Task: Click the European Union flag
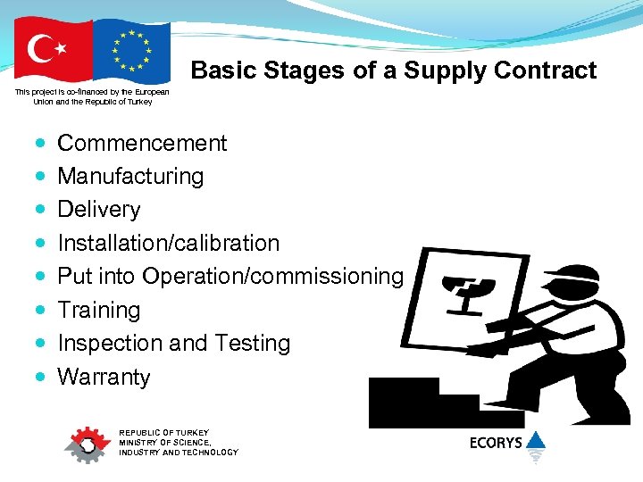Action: (132, 51)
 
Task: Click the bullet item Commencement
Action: (142, 143)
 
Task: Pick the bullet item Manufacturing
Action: (130, 176)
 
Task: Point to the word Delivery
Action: (99, 209)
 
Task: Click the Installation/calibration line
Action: (168, 243)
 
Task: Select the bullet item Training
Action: (99, 310)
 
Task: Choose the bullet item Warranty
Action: (104, 377)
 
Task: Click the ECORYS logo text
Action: (496, 443)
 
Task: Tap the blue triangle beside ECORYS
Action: (535, 440)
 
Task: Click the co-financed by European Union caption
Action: (92, 96)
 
